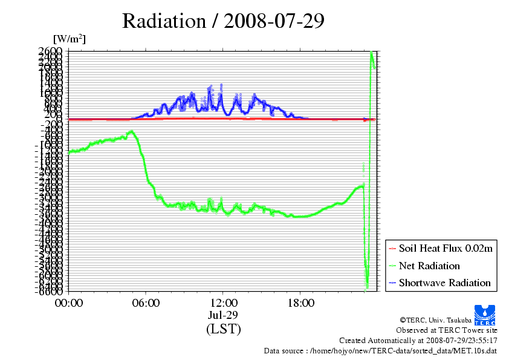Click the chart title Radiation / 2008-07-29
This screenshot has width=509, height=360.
tap(223, 21)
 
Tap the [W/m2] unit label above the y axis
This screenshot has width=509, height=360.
tap(69, 39)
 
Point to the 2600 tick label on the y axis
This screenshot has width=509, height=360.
tap(49, 51)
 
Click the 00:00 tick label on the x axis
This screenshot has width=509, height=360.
tap(69, 303)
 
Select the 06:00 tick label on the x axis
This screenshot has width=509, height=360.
tap(146, 303)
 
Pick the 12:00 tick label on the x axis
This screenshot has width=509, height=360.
tap(224, 303)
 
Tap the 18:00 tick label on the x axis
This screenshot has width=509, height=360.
tap(300, 303)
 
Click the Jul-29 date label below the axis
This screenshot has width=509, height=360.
tap(224, 315)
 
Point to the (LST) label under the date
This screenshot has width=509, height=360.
tap(224, 329)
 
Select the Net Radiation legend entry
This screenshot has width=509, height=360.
tap(429, 266)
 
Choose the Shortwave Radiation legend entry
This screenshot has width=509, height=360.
tap(444, 283)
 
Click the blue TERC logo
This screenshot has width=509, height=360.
tap(485, 313)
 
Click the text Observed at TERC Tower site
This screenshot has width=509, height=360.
tap(447, 330)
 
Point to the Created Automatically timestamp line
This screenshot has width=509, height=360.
tap(418, 340)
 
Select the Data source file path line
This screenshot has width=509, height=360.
tap(381, 350)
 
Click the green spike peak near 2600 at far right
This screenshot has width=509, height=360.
tap(371, 53)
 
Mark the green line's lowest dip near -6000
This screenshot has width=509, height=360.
tap(367, 286)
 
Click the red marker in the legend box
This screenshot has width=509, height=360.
tap(392, 249)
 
